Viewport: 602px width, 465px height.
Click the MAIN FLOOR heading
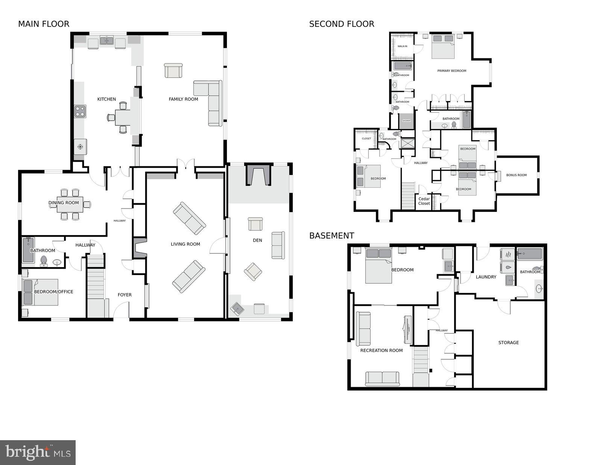[44, 24]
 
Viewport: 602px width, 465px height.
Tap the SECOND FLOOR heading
[341, 24]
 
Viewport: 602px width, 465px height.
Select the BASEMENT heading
[331, 236]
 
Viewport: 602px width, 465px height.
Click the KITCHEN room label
[106, 99]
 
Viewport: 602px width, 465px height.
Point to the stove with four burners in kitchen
[80, 111]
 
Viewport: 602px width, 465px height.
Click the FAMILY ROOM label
[183, 99]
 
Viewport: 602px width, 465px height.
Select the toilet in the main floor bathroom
[44, 260]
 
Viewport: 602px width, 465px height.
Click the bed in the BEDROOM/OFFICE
[41, 292]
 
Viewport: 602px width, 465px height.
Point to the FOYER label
[125, 295]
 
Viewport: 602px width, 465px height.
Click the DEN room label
[257, 240]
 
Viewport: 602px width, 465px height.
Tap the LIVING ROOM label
[185, 244]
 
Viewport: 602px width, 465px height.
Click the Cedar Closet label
[424, 201]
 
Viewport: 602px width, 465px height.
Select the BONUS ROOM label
[516, 175]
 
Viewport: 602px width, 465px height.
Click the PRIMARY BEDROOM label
[451, 71]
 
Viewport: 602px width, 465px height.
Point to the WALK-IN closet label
[402, 46]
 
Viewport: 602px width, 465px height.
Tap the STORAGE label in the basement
[508, 343]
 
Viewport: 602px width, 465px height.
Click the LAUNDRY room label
[486, 277]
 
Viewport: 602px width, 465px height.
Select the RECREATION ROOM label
[381, 351]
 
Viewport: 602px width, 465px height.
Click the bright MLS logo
[38, 452]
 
